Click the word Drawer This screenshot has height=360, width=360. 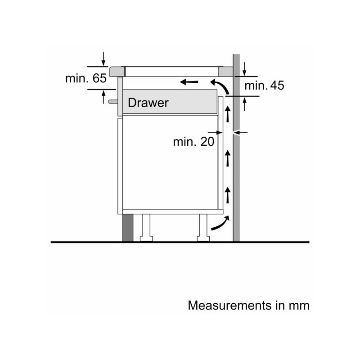coord(148,103)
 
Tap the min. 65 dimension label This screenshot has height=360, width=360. coord(86,78)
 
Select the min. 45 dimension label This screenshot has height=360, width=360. coord(264,85)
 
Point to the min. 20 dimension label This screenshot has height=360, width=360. coord(193,142)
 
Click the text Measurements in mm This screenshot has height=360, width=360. coord(249,306)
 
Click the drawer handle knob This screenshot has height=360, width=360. coord(113,101)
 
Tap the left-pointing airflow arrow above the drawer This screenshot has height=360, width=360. coord(189,82)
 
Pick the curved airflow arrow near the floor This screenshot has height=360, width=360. coord(221,223)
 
